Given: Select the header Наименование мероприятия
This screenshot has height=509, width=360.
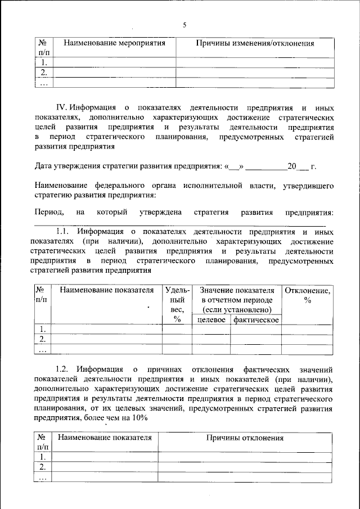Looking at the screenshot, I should [114, 43].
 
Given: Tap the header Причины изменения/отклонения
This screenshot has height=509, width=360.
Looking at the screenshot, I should [254, 43].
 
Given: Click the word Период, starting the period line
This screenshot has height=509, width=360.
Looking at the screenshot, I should [48, 212].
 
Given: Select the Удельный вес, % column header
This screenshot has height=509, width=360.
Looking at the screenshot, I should [177, 305].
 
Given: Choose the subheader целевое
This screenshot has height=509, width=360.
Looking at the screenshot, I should [211, 319].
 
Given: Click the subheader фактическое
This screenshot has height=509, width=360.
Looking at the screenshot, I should [256, 319].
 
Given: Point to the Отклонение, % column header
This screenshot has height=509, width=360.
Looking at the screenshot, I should [307, 295].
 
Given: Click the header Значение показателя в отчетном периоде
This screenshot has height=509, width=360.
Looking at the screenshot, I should [236, 300].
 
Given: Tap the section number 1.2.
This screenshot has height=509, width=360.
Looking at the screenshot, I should [64, 370].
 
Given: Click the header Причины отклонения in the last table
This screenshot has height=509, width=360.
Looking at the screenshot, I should [245, 438].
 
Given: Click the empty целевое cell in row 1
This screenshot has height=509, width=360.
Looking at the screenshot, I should [211, 330].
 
